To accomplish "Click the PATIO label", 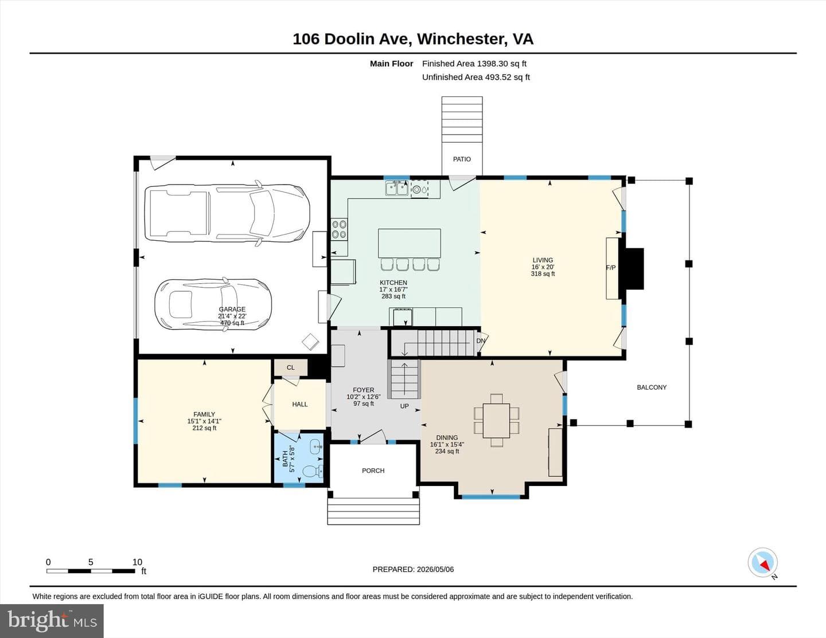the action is pyautogui.click(x=462, y=159).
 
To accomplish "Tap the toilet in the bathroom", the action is pyautogui.click(x=313, y=471).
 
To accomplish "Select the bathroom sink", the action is pyautogui.click(x=316, y=447).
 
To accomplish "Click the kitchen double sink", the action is pyautogui.click(x=396, y=188).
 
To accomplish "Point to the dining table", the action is pyautogui.click(x=496, y=420).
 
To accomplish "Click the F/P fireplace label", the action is pyautogui.click(x=611, y=268).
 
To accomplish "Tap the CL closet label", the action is pyautogui.click(x=291, y=367).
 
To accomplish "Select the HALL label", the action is pyautogui.click(x=300, y=405).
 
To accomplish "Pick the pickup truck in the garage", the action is pyautogui.click(x=227, y=213).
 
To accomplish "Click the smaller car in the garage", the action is pyautogui.click(x=213, y=304).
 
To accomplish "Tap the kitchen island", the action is pyautogui.click(x=410, y=243).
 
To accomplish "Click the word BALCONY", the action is pyautogui.click(x=652, y=388).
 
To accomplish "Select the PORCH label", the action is pyautogui.click(x=373, y=471).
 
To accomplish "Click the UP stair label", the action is pyautogui.click(x=404, y=406).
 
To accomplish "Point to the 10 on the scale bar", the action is pyautogui.click(x=137, y=562).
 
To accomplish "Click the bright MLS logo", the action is pyautogui.click(x=52, y=621).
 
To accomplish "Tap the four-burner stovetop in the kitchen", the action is pyautogui.click(x=340, y=229).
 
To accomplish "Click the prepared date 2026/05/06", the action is pyautogui.click(x=435, y=570).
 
